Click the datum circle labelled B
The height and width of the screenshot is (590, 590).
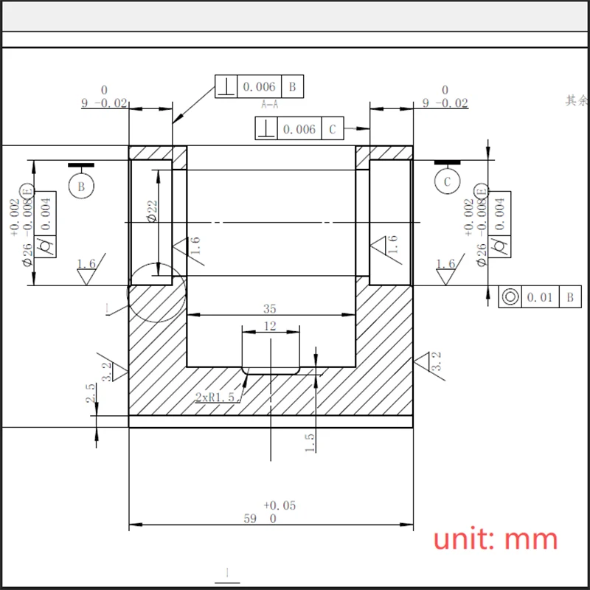[x=81, y=186]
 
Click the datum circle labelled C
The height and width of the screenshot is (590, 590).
[x=447, y=181]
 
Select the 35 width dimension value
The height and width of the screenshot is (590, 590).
[x=270, y=308]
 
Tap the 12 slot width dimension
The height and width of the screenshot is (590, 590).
[x=270, y=325]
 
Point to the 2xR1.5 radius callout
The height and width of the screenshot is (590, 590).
[x=215, y=397]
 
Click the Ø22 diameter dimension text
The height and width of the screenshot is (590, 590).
[x=152, y=211]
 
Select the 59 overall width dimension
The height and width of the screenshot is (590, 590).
[x=251, y=518]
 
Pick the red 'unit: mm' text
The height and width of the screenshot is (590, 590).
[x=495, y=539]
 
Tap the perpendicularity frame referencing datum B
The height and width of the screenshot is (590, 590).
[x=259, y=87]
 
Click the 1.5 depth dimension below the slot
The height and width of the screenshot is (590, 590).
[x=310, y=441]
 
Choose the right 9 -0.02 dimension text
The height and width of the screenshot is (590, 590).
[x=445, y=103]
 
